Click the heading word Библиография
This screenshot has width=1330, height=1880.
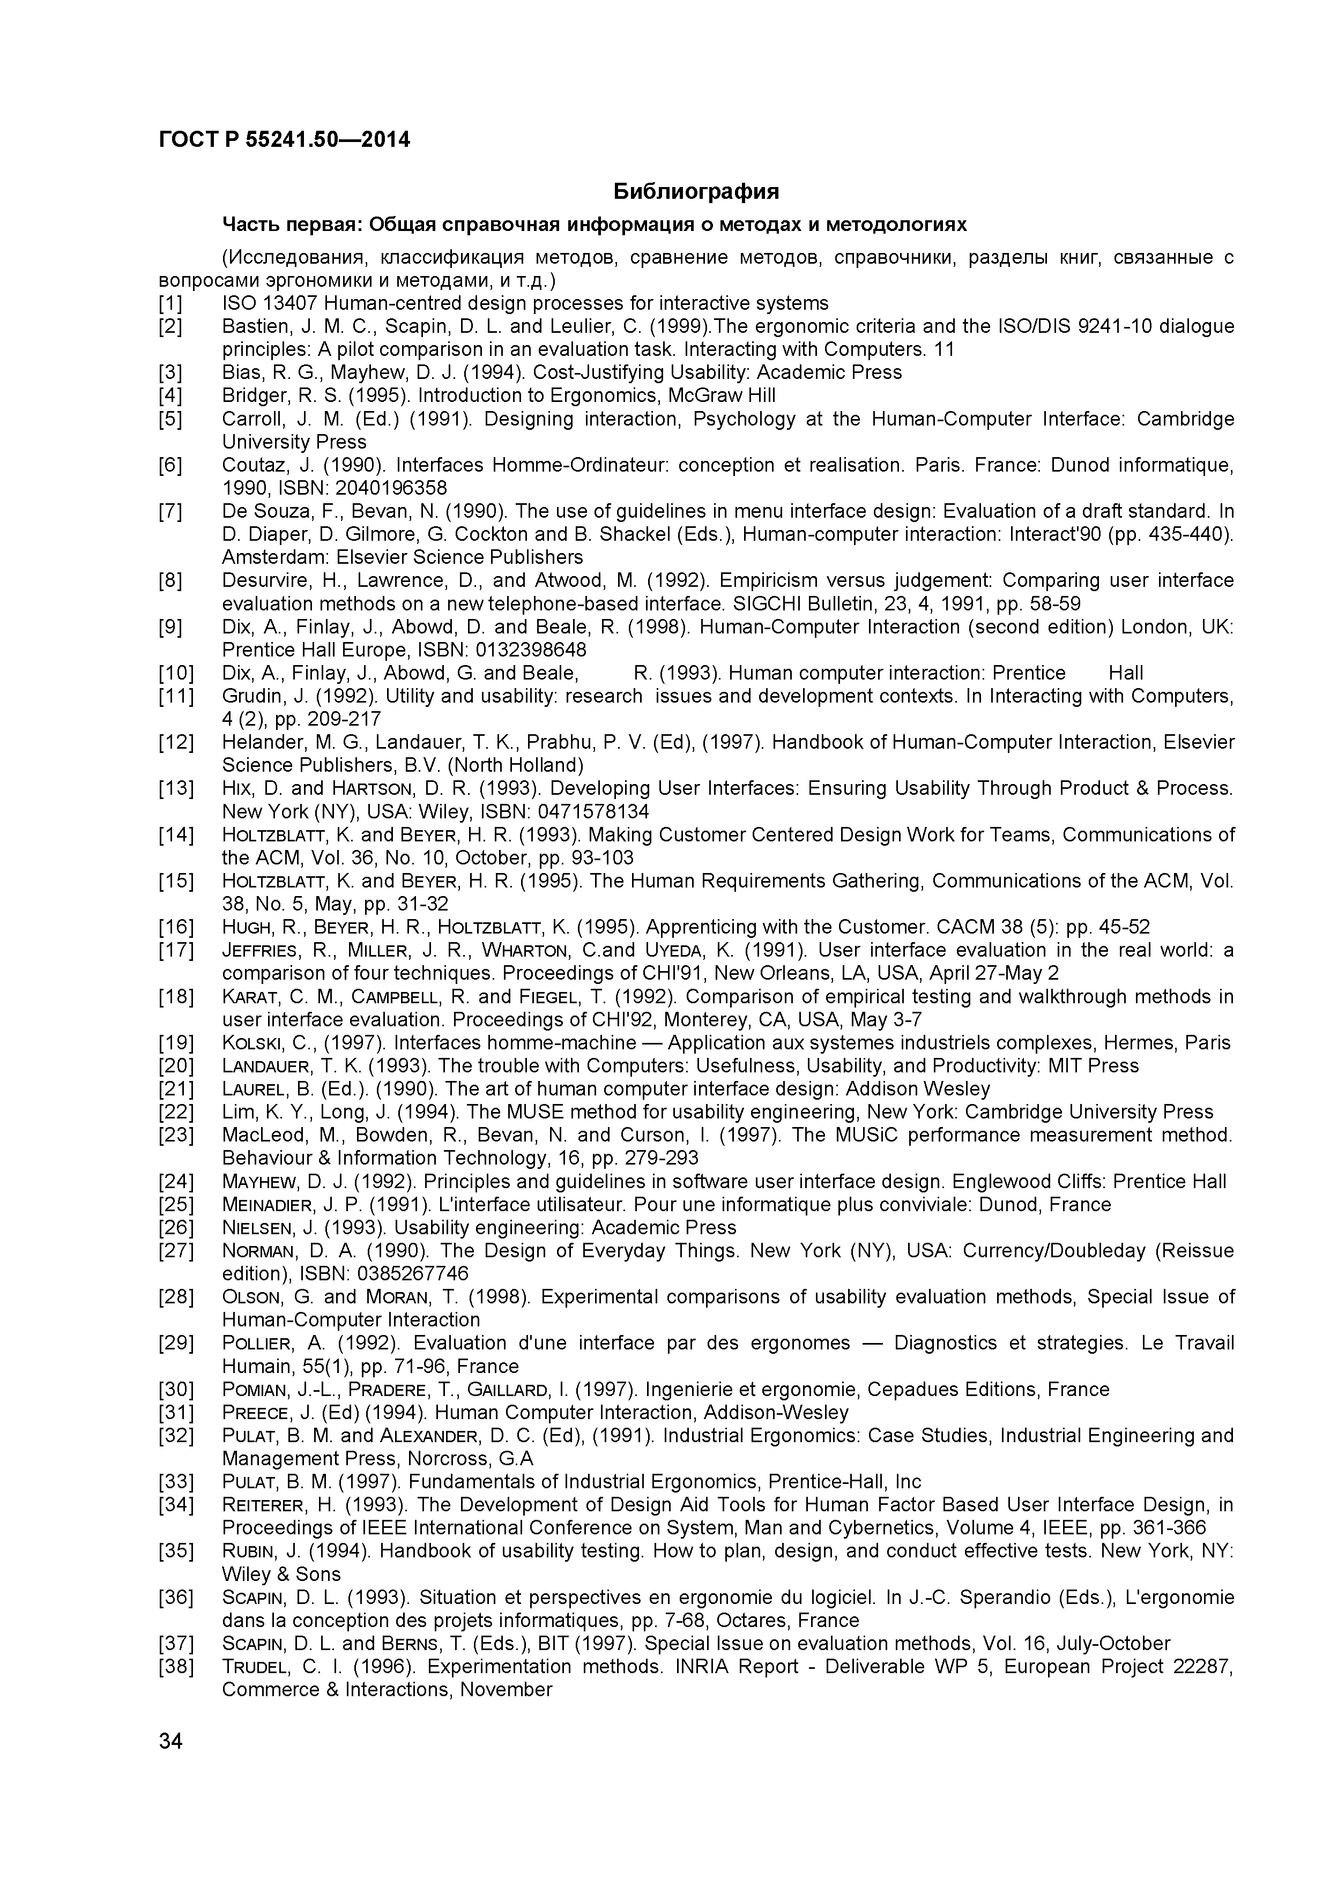click(x=696, y=192)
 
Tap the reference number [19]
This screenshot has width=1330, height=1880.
click(x=175, y=1043)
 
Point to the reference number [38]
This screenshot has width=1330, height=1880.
click(x=175, y=1667)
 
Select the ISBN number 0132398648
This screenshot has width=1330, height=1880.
click(x=532, y=650)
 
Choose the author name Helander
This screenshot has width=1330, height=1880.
click(x=258, y=743)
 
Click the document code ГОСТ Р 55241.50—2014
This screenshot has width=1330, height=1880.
click(x=284, y=140)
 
